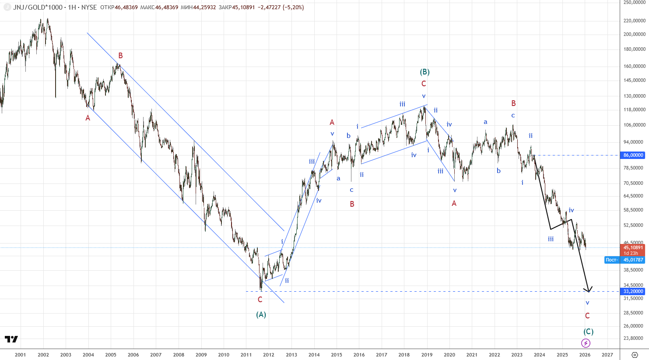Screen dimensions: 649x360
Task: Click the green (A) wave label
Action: pos(261,315)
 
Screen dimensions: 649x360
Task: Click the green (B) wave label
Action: pos(425,72)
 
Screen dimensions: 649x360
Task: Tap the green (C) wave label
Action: pos(588,331)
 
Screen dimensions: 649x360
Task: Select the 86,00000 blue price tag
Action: pos(632,155)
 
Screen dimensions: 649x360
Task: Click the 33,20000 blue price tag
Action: pos(632,291)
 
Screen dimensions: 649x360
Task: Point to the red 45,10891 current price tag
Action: pos(632,247)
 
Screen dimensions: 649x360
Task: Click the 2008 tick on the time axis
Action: pos(179,355)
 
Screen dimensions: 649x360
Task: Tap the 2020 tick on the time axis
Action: pos(449,355)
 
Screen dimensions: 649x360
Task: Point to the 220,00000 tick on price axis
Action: pos(635,21)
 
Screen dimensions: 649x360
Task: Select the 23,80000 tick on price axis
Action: pos(635,338)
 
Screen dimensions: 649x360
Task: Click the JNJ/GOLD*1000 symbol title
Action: pos(38,7)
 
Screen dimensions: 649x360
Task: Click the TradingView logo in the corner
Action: pos(11,339)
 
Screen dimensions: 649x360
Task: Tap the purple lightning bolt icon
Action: pos(586,343)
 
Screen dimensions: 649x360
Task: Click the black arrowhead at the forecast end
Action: pos(589,291)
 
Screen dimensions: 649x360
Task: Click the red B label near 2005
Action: pos(120,55)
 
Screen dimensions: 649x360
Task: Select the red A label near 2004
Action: pos(88,118)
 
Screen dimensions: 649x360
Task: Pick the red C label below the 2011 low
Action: pos(260,300)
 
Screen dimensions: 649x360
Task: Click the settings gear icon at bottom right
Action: pos(635,355)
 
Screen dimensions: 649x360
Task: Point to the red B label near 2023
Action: pos(513,103)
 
